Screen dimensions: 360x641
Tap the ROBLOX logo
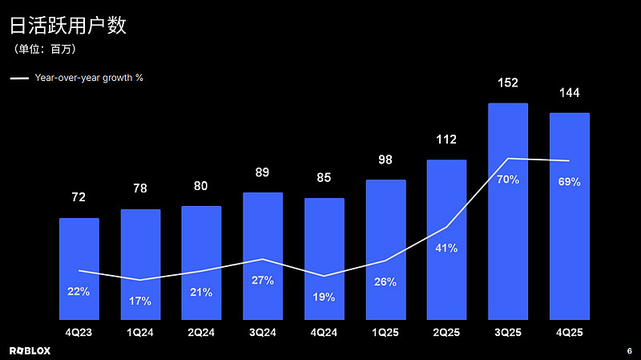click(30, 350)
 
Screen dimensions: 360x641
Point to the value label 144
click(569, 94)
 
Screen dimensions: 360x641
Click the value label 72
click(79, 197)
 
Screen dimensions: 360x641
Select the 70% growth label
click(508, 180)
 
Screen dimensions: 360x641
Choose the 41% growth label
click(446, 249)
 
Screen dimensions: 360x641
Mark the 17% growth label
click(140, 301)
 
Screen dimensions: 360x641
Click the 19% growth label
click(324, 297)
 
